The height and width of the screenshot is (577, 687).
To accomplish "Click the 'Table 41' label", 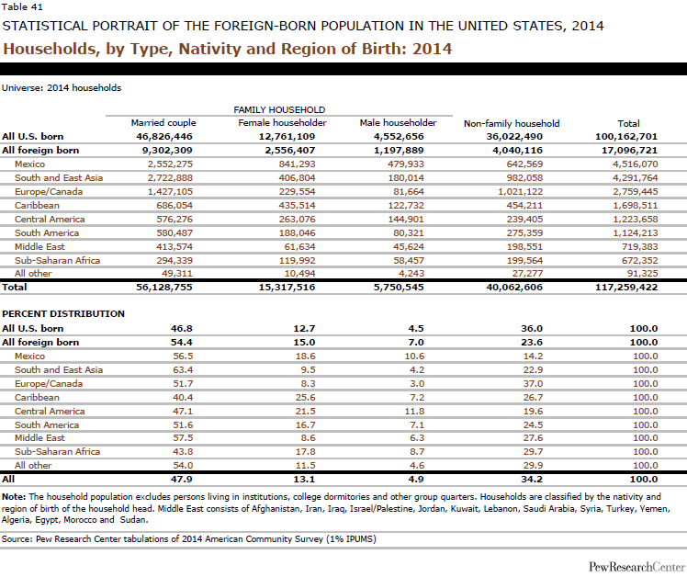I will [20, 7].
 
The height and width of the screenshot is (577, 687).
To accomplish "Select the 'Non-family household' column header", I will [512, 122].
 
